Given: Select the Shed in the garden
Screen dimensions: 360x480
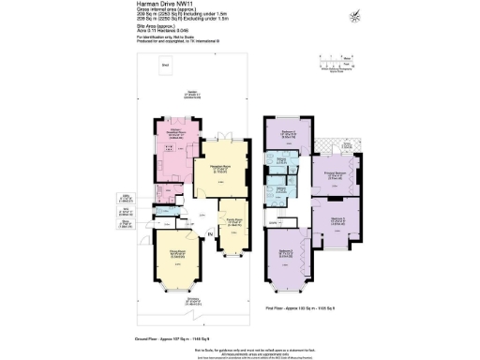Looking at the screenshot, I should pos(165,66).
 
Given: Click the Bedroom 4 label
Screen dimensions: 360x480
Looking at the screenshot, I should pos(280,132).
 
